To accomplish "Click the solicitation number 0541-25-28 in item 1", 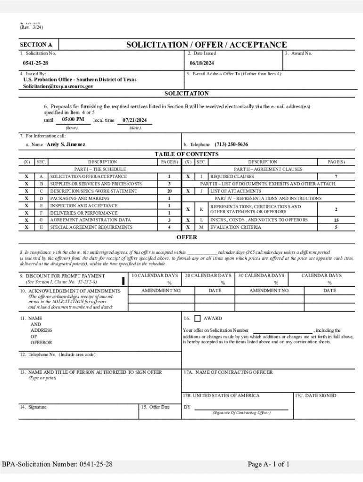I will click(35, 63).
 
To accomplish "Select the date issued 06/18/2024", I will click(202, 63).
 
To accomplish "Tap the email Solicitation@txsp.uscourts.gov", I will click(58, 87).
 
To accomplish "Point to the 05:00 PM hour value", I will click(73, 120).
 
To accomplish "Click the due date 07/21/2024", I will click(134, 120).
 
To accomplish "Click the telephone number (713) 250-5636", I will click(231, 145).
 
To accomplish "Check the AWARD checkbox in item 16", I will click(198, 319).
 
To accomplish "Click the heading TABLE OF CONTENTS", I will click(186, 154).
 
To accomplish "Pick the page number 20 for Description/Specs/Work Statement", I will click(169, 192).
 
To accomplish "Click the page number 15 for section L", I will click(336, 220).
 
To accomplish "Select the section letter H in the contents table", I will click(41, 227).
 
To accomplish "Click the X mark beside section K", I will click(188, 209).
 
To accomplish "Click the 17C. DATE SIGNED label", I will click(315, 396).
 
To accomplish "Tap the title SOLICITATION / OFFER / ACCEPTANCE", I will click(206, 45).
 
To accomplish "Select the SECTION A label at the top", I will click(36, 45).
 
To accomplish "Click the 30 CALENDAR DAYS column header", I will click(261, 275).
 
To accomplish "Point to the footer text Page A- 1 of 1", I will click(269, 465).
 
